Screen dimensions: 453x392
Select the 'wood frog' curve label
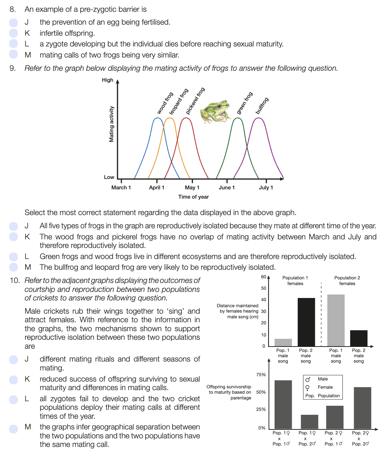pos(165,103)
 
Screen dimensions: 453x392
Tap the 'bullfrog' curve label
pos(262,106)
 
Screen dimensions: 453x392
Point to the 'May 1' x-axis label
pos(192,188)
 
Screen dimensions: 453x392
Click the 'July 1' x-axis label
pos(266,188)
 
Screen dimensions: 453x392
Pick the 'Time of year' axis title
pos(194,197)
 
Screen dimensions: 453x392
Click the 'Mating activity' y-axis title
pos(111,124)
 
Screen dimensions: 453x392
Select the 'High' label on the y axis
pos(107,80)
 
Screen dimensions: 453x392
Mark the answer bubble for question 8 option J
pos(14,23)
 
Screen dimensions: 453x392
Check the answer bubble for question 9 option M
pos(14,267)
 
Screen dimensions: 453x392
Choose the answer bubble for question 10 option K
pos(14,379)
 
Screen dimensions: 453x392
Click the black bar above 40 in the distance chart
pos(306,322)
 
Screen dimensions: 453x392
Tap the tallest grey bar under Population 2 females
pos(336,320)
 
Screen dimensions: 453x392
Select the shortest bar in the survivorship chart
pos(309,422)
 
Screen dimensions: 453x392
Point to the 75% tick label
pos(261,375)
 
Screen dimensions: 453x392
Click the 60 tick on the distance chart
pos(263,277)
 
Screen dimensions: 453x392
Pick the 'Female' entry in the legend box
pos(325,387)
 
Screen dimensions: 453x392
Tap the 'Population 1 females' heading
pos(295,280)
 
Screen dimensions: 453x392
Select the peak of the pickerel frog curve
pos(186,118)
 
